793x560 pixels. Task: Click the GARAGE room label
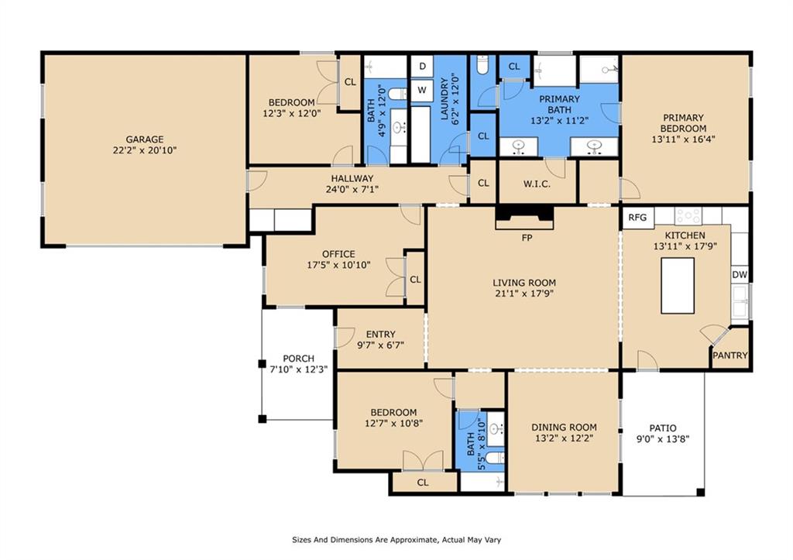click(144, 139)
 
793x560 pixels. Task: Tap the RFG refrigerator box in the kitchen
click(637, 218)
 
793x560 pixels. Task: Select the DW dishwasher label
click(739, 275)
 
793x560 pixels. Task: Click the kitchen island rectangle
click(678, 283)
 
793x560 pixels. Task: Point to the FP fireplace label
click(526, 238)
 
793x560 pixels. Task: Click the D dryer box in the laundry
click(422, 67)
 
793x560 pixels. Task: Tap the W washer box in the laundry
click(422, 90)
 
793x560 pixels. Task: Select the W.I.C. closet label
click(536, 184)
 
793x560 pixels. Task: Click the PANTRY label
click(729, 356)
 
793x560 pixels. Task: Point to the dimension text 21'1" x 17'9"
click(524, 294)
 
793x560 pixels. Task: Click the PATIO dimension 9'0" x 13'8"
click(662, 439)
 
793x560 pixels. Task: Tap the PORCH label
click(298, 359)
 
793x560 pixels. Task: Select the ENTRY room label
click(380, 335)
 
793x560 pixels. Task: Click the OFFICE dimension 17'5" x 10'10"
click(338, 265)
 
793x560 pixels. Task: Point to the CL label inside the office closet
click(415, 280)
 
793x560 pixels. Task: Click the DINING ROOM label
click(564, 427)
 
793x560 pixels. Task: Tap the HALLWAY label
click(352, 178)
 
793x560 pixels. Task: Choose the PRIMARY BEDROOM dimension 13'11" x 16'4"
click(683, 140)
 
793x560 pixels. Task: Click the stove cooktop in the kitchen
click(688, 216)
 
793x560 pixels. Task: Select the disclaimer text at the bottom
click(400, 540)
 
